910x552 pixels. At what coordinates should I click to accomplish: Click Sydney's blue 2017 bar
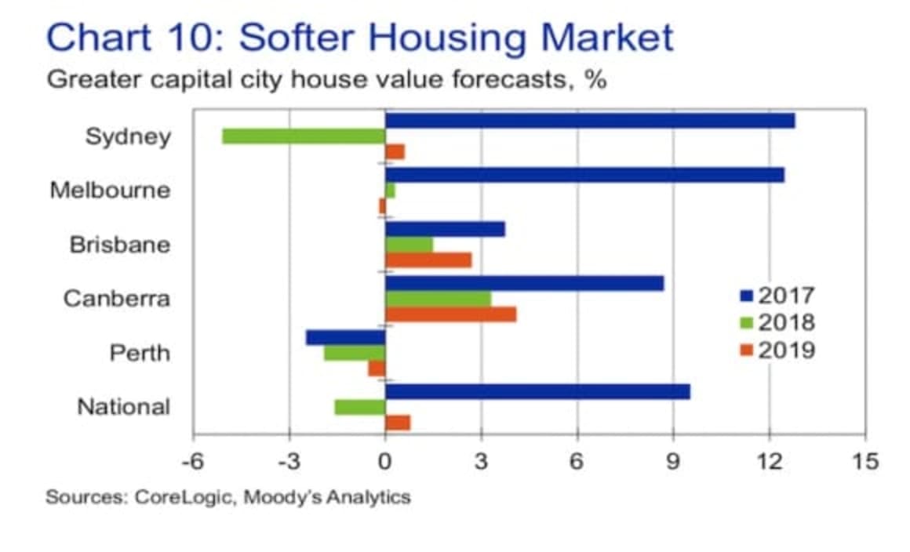[x=588, y=120]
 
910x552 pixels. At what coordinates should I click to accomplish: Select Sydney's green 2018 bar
[x=304, y=136]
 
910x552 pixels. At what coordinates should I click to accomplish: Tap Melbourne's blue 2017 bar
[x=584, y=175]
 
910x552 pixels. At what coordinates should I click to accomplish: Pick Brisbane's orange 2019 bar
[x=428, y=260]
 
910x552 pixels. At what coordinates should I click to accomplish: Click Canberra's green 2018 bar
[x=438, y=299]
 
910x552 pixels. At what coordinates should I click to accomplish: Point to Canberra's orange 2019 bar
[x=450, y=314]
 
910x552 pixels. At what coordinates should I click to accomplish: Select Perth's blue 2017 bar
[x=345, y=337]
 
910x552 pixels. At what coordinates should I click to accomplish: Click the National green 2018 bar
[x=359, y=407]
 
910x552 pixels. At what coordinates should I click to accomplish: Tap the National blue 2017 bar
[x=537, y=391]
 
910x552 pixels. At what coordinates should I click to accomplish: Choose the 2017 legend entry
[x=777, y=296]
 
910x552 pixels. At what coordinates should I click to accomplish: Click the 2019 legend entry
[x=777, y=349]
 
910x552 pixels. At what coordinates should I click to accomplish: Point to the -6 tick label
[x=193, y=461]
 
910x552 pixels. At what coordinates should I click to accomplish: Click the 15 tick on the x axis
[x=865, y=461]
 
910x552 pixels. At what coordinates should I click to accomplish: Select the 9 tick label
[x=673, y=461]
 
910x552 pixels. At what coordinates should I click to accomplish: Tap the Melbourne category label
[x=110, y=190]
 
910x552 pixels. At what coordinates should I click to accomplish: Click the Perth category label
[x=139, y=353]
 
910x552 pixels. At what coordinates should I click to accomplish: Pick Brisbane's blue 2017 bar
[x=445, y=229]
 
